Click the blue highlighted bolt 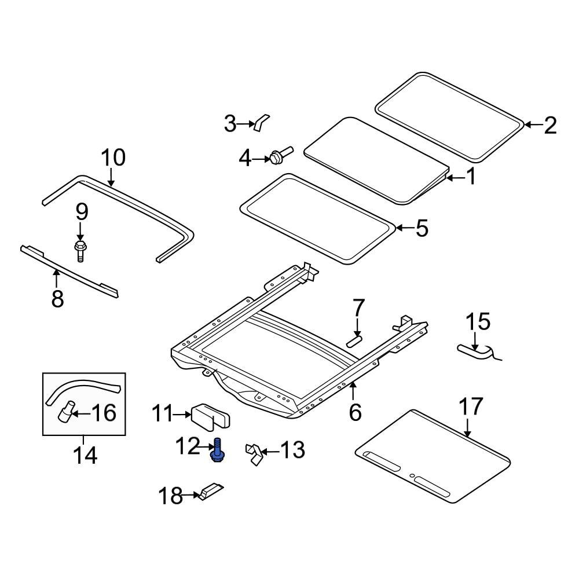coord(217,451)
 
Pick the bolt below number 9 coord(80,250)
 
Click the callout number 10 coord(113,157)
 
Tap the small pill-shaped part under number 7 coord(354,339)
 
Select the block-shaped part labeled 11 coord(212,415)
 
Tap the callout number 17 coord(471,407)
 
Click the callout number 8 coord(58,299)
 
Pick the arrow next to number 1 coord(455,177)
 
